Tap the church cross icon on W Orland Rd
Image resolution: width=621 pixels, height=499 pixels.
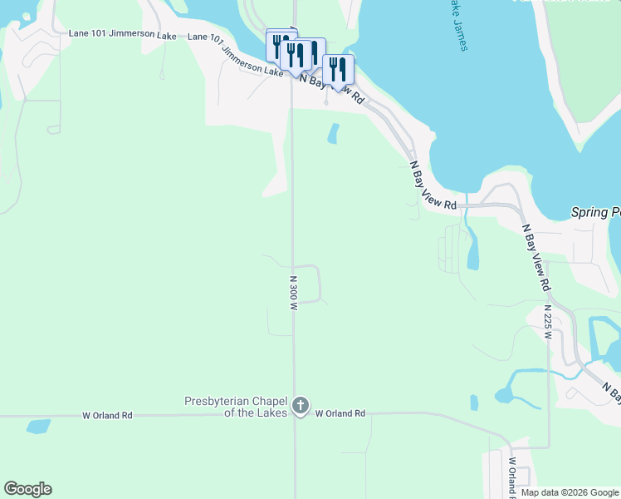pyautogui.click(x=301, y=407)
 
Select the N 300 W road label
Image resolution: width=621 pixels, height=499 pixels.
pyautogui.click(x=293, y=293)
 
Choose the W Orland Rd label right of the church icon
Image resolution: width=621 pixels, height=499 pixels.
pyautogui.click(x=340, y=413)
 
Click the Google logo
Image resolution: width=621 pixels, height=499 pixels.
pyautogui.click(x=27, y=489)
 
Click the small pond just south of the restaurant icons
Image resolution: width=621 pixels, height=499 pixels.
pyautogui.click(x=334, y=133)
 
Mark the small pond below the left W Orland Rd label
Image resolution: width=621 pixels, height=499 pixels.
pyautogui.click(x=38, y=427)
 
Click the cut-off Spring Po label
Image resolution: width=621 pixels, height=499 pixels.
pyautogui.click(x=596, y=212)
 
